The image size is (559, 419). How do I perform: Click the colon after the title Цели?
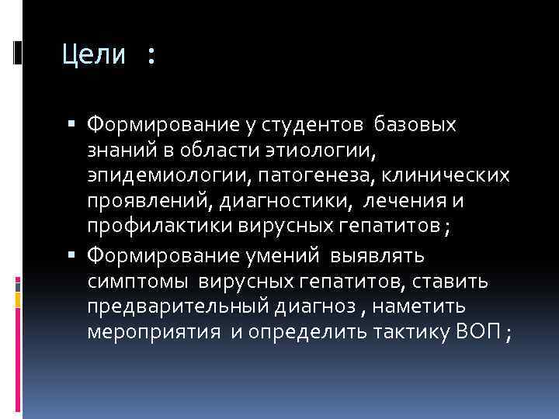click(150, 56)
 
